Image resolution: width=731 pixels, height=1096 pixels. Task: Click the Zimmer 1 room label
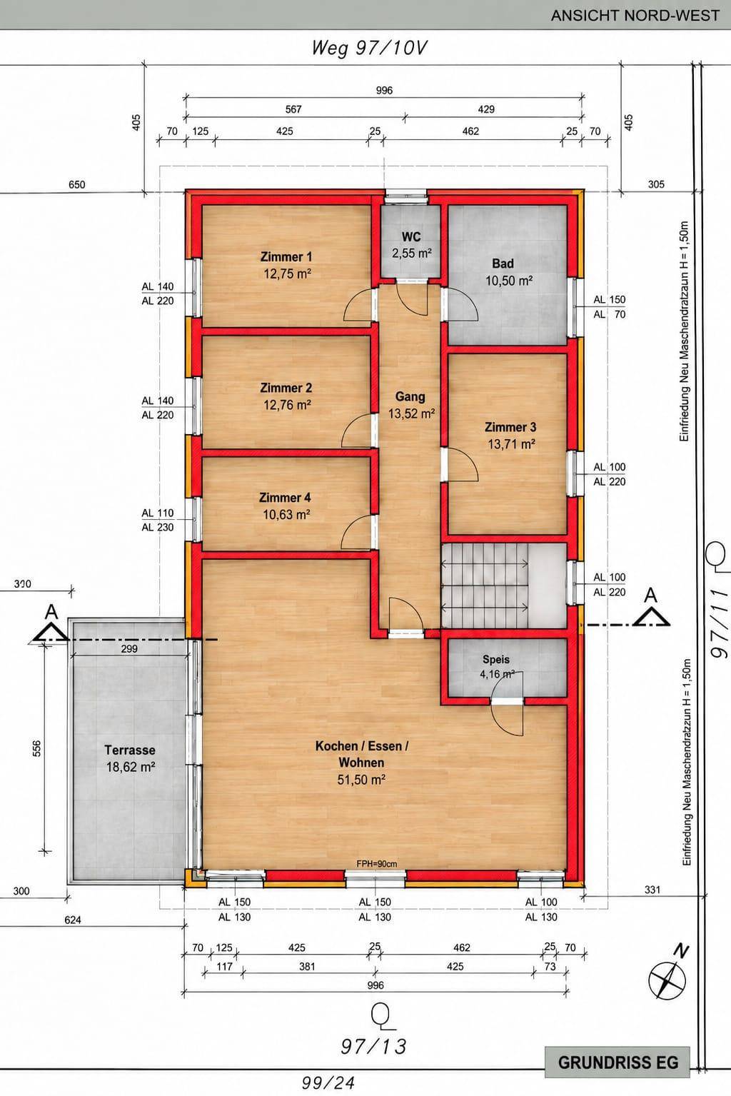286,256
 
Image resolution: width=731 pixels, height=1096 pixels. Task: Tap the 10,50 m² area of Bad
509,281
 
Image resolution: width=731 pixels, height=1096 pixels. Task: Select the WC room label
411,237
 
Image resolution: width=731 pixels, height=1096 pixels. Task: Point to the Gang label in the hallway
410,396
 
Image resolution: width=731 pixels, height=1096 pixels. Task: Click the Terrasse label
130,750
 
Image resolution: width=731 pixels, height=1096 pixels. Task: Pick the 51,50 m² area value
361,780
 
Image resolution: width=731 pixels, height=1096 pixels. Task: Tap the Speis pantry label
496,660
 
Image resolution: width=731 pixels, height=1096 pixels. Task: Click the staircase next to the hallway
504,585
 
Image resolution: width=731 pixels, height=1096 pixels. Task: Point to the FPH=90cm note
377,864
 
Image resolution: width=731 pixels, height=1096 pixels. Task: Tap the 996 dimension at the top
384,90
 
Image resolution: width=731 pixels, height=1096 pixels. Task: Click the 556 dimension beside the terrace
37,748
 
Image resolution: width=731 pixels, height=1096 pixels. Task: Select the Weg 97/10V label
369,48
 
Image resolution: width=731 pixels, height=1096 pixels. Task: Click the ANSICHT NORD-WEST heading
635,15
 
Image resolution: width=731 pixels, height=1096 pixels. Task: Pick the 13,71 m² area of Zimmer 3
511,444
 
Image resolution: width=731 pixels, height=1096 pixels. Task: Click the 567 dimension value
293,109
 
